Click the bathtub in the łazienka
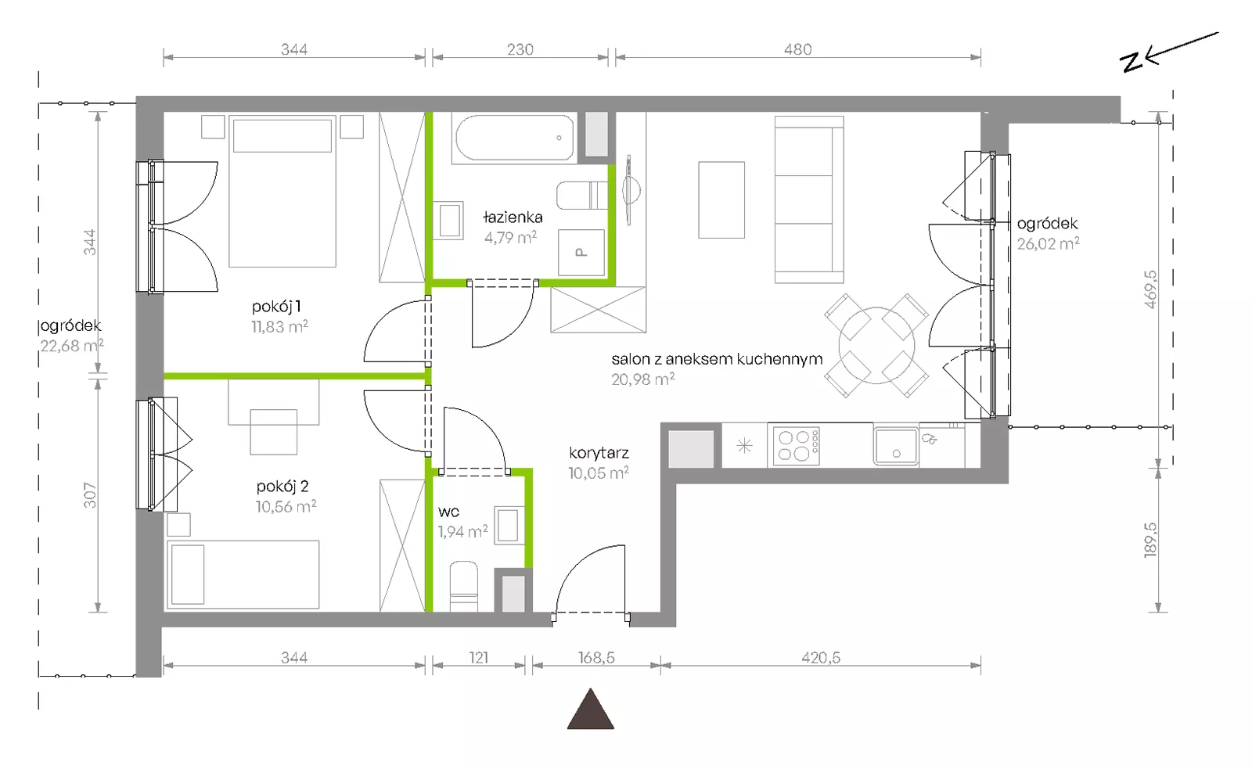[514, 138]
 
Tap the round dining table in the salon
[876, 345]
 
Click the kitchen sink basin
[895, 446]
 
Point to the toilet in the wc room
[464, 586]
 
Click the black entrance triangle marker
[590, 709]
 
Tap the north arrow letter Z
[1132, 62]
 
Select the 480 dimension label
[797, 50]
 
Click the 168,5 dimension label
[596, 658]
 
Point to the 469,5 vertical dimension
[1150, 289]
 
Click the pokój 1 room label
[276, 306]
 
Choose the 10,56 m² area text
[286, 506]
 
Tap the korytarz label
[599, 453]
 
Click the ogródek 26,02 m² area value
[1048, 243]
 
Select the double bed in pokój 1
[282, 191]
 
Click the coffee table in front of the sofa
[721, 200]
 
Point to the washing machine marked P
[581, 253]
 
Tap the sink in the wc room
[509, 525]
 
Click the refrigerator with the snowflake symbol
[744, 445]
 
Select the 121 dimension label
[479, 658]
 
